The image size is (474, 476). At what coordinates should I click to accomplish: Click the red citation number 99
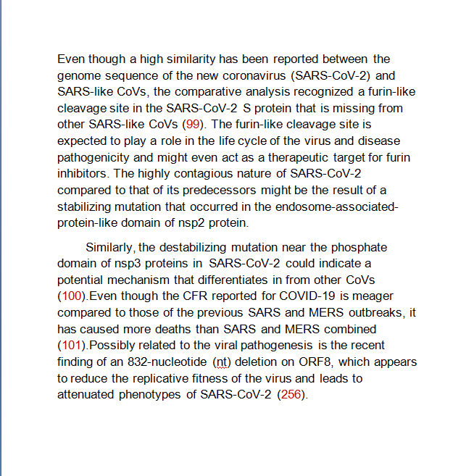pos(194,124)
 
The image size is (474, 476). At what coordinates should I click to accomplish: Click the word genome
pos(78,75)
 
